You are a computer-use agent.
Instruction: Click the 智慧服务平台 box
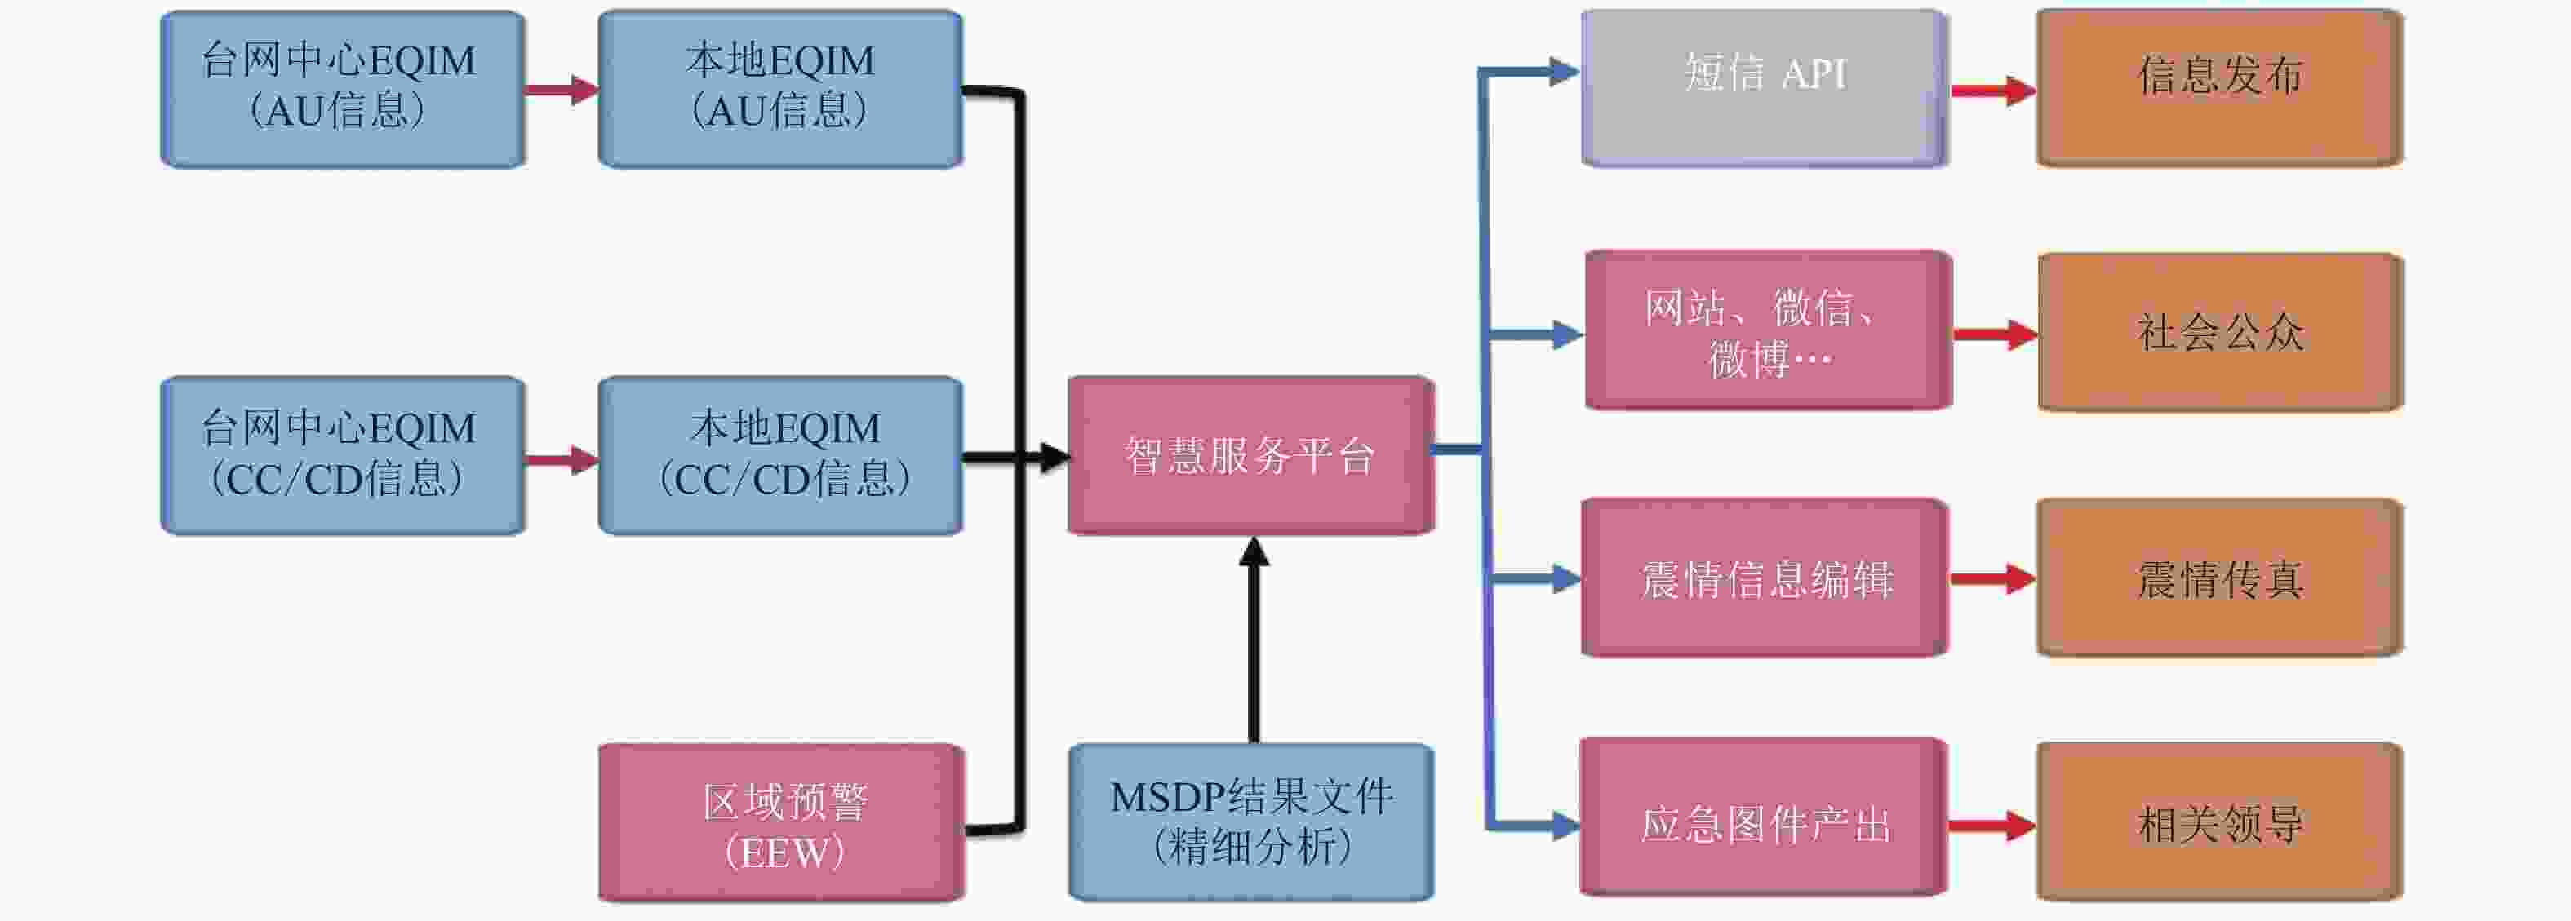coord(1250,455)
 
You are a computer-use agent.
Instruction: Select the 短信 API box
coord(1765,88)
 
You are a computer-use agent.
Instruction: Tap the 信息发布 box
coord(2220,88)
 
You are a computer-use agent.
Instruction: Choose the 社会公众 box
coord(2221,331)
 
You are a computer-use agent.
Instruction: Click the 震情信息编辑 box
coord(1765,578)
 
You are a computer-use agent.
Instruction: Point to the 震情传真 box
coord(2220,578)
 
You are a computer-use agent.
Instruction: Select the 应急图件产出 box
coord(1764,818)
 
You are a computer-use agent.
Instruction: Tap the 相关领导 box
coord(2220,822)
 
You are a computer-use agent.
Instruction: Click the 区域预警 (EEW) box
coord(781,823)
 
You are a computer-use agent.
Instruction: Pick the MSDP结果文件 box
coord(1251,822)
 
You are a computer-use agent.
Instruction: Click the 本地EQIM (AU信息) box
coord(780,89)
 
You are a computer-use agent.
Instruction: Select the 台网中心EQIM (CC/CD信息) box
coord(342,455)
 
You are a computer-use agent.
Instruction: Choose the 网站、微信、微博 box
coord(1769,330)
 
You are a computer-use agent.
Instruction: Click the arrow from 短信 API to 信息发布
coord(1993,91)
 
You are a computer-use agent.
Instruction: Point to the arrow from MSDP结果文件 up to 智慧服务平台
coord(1254,640)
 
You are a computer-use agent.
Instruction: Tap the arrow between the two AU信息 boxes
coord(562,90)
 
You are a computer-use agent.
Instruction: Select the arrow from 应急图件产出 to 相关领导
coord(1992,826)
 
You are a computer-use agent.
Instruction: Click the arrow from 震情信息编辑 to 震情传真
coord(1992,578)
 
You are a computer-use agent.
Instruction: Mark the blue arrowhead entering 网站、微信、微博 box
coord(1569,334)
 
